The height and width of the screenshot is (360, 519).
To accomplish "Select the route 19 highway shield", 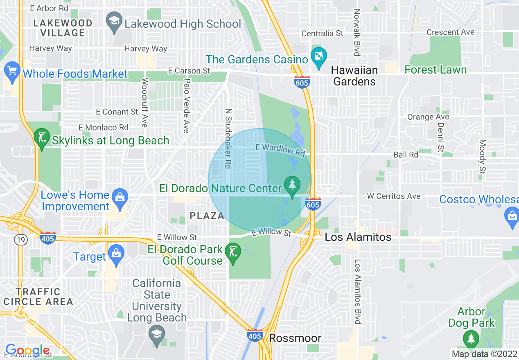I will [x=21, y=240].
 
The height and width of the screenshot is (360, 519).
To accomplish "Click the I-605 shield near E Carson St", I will [x=301, y=82].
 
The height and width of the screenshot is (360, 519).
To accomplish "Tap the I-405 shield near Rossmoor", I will [x=255, y=335].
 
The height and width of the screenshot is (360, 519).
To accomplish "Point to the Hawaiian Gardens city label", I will [x=354, y=76].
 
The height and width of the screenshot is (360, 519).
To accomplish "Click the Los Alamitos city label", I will [x=358, y=237].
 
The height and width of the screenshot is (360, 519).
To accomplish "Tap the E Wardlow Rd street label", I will [x=280, y=150].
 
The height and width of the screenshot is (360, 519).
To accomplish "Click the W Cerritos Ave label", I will [x=393, y=196].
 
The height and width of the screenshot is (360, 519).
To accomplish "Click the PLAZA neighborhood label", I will [x=207, y=216].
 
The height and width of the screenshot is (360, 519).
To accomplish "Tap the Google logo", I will [x=27, y=350].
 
